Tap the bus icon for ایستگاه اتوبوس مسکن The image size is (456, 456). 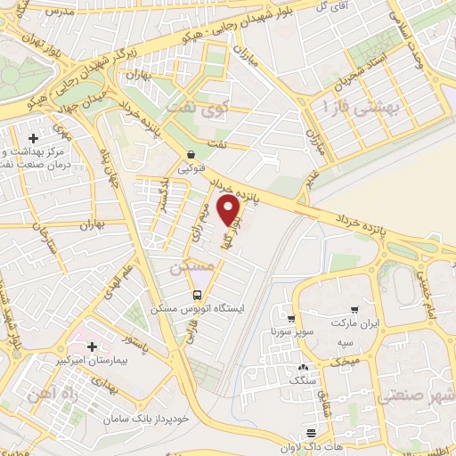pyautogui.click(x=198, y=295)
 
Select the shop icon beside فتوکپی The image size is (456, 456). pyautogui.click(x=191, y=154)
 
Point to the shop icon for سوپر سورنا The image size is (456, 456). pyautogui.click(x=290, y=317)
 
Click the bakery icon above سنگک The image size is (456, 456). pyautogui.click(x=304, y=366)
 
